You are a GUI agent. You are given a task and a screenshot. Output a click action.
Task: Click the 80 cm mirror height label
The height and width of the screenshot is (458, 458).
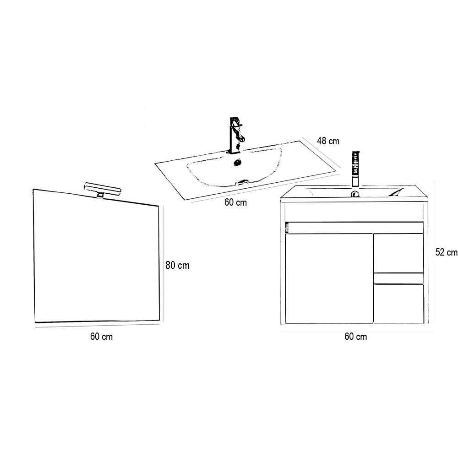pyautogui.click(x=177, y=265)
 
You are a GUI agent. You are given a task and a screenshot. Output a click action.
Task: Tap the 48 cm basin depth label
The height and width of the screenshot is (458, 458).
pyautogui.click(x=328, y=141)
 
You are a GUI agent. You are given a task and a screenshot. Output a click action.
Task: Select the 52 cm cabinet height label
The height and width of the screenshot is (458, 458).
pyautogui.click(x=446, y=252)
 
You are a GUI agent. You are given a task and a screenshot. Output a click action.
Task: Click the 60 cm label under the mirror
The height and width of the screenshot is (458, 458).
pyautogui.click(x=101, y=337)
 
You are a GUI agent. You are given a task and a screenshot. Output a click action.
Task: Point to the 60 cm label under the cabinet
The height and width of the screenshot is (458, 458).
pyautogui.click(x=355, y=337)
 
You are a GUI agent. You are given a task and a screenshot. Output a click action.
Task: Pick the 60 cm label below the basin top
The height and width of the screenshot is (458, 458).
pyautogui.click(x=235, y=202)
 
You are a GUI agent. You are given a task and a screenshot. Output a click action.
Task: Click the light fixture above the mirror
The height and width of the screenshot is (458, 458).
pyautogui.click(x=102, y=190)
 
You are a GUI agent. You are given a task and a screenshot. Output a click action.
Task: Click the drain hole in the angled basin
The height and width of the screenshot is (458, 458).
pyautogui.click(x=238, y=162)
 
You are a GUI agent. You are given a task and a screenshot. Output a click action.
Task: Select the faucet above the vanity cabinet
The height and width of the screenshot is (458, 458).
pyautogui.click(x=355, y=169)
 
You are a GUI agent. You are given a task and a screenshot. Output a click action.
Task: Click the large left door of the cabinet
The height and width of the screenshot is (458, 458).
pyautogui.click(x=329, y=278)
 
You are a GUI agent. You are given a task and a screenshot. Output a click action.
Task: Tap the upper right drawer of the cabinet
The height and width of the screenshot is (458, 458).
pyautogui.click(x=398, y=253)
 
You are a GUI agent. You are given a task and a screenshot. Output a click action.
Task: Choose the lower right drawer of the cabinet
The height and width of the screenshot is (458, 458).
pyautogui.click(x=398, y=304)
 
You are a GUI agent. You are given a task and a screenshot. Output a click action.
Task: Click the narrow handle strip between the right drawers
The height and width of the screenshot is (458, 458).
pyautogui.click(x=398, y=278)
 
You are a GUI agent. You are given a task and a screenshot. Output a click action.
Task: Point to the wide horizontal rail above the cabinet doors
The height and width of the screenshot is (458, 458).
pyautogui.click(x=354, y=228)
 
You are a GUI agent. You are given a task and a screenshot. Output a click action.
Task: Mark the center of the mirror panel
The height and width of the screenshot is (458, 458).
pyautogui.click(x=97, y=256)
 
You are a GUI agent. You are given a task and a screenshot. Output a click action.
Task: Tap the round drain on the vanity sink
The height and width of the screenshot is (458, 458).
pyautogui.click(x=355, y=193)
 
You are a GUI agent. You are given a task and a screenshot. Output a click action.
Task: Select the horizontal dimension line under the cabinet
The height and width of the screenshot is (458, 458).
pyautogui.click(x=357, y=330)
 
